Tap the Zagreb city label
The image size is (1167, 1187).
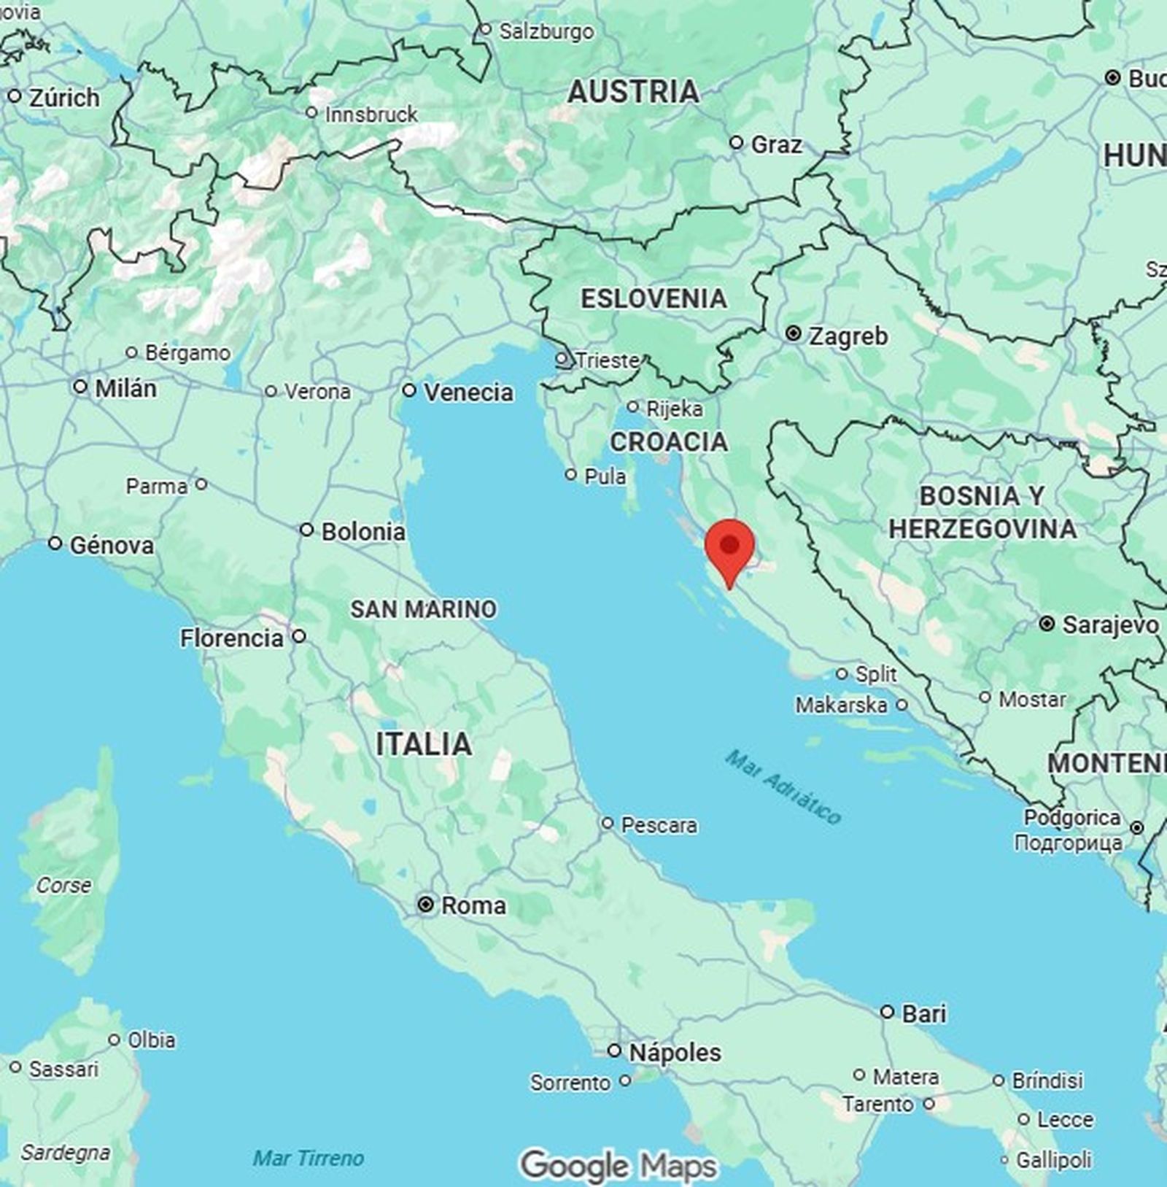point(848,336)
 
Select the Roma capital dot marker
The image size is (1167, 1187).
point(425,905)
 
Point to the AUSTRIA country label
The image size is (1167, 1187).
point(633,92)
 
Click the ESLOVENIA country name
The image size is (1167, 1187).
point(654,298)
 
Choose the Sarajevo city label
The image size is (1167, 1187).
point(1110,625)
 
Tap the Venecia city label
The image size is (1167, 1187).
point(468,393)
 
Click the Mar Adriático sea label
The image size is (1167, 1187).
point(784,787)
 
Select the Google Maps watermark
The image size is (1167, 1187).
point(619,1165)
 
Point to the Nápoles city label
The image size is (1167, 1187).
point(675,1052)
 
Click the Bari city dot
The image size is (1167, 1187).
point(887,1012)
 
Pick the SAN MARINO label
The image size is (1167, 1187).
point(423,608)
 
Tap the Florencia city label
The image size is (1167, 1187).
point(232,638)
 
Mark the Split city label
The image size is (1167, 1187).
point(876,673)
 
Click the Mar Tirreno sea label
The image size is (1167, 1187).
point(308,1158)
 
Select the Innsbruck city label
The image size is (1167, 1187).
point(371,115)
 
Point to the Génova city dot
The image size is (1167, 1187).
point(55,544)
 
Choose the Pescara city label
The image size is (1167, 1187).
point(659,825)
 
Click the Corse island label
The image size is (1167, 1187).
point(64,885)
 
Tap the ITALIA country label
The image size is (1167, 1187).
point(424,744)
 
